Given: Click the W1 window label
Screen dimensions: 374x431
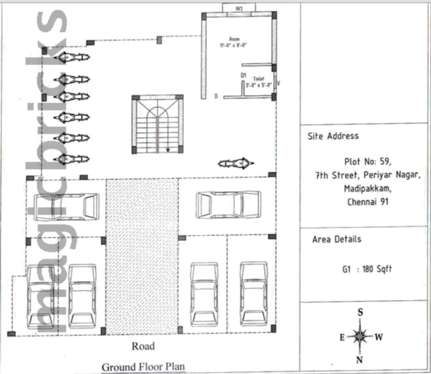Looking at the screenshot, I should pyautogui.click(x=239, y=9).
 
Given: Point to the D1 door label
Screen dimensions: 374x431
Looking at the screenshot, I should pyautogui.click(x=243, y=75).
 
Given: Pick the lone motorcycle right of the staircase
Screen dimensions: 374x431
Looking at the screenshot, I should pyautogui.click(x=235, y=164).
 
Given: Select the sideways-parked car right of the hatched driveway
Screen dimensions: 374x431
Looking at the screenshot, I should pyautogui.click(x=229, y=204).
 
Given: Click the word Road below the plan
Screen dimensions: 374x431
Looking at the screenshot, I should pyautogui.click(x=143, y=347).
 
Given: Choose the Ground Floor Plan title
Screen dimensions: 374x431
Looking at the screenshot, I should pyautogui.click(x=143, y=367).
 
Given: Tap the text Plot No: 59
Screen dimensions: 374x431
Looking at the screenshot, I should pyautogui.click(x=366, y=162).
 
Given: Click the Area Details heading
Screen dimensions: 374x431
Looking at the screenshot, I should pyautogui.click(x=337, y=239).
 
